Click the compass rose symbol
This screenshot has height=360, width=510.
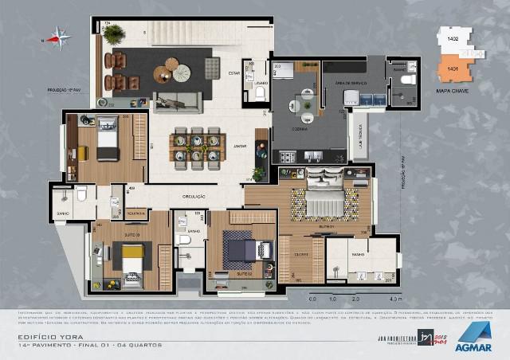pyautogui.click(x=58, y=36)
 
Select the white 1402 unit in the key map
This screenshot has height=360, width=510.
pyautogui.click(x=453, y=40)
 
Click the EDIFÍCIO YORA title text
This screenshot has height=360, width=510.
pyautogui.click(x=41, y=337)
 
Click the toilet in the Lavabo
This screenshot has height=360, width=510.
pyautogui.click(x=259, y=92)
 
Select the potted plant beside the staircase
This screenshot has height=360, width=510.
pyautogui.click(x=114, y=33)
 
